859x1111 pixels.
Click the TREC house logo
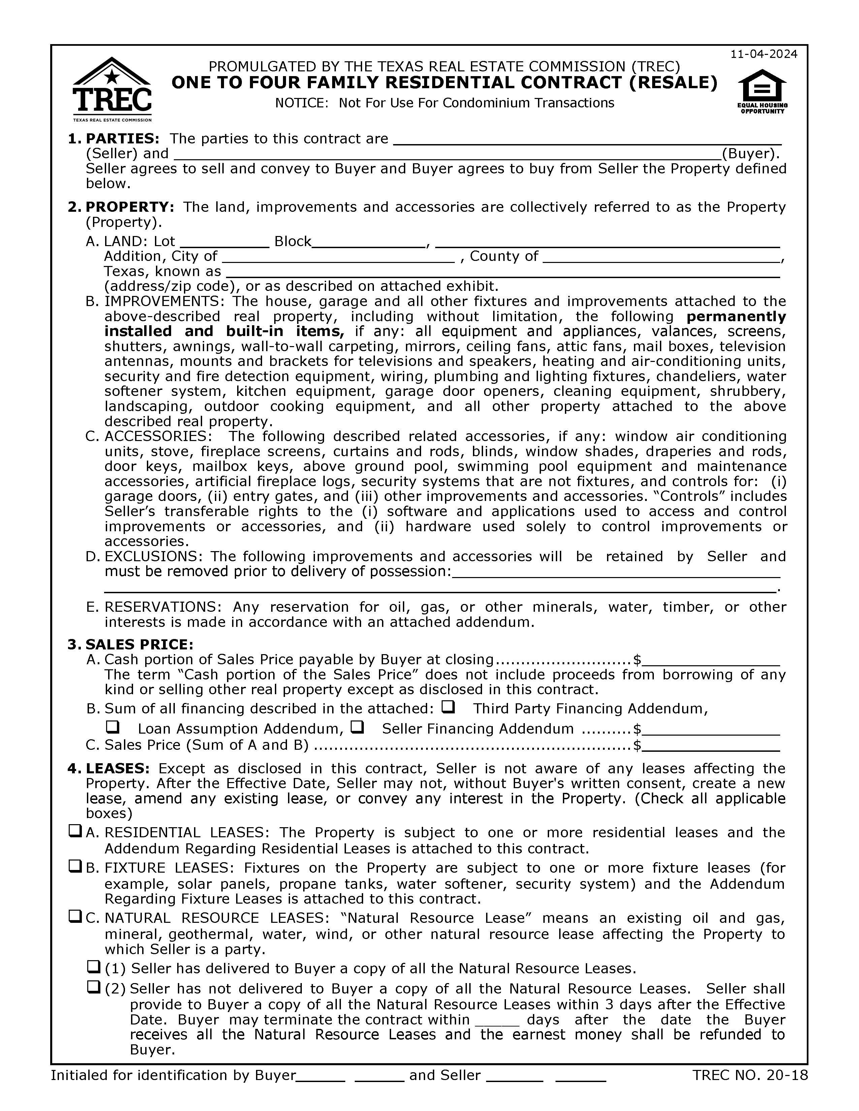[x=112, y=89]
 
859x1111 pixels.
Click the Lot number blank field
[x=224, y=242]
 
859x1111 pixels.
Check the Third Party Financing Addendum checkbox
[x=448, y=707]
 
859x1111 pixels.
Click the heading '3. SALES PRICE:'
[x=130, y=644]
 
